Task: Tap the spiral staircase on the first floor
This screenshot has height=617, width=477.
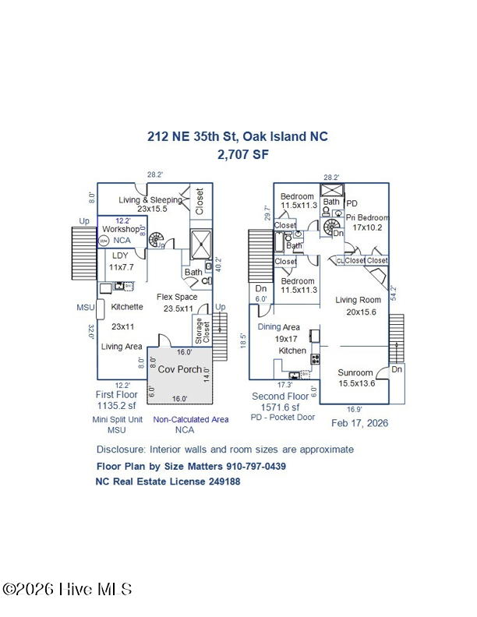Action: coord(154,239)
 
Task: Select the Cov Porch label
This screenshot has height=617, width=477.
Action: coord(179,368)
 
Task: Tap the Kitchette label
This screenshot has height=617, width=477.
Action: coord(127,307)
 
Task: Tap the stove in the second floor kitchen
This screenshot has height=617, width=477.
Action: coord(315,359)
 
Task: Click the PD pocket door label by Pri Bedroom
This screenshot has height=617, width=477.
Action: coord(352,203)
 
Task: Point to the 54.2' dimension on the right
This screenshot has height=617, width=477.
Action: coord(394,292)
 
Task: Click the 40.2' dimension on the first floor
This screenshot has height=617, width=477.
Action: coord(218,265)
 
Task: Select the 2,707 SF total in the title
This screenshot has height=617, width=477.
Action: coord(238,154)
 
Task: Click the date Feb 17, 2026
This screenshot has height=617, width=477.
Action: coord(359,423)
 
